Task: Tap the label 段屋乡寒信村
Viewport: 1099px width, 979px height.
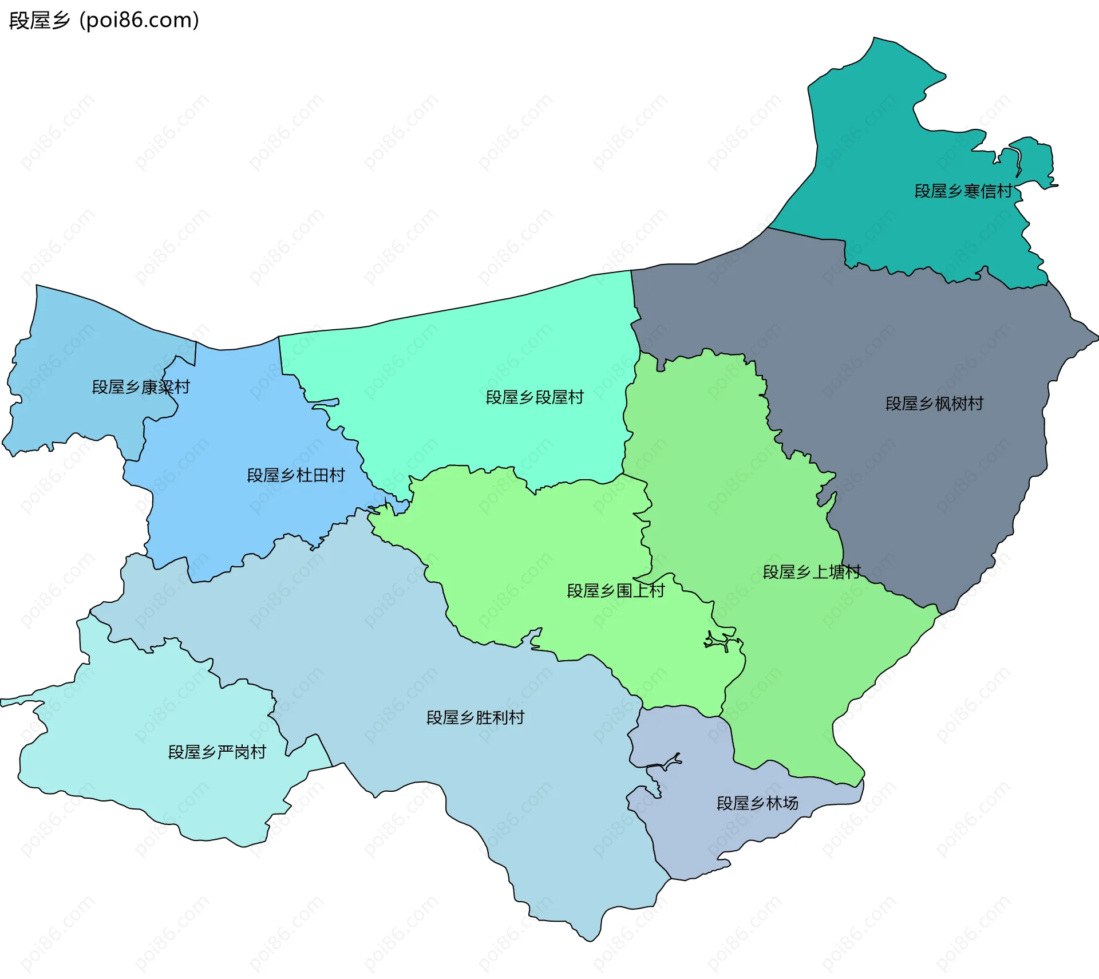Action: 963,191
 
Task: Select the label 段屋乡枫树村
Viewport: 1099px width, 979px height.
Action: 934,404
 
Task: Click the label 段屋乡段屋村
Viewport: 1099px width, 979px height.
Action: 535,397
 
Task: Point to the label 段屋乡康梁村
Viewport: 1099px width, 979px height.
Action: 141,387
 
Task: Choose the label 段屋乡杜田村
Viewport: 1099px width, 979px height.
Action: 296,475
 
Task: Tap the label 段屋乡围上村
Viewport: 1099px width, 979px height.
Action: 615,590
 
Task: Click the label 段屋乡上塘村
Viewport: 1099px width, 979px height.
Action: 812,572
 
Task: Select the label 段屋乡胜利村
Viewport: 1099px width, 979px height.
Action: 475,717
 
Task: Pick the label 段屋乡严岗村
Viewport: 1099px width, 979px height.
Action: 217,752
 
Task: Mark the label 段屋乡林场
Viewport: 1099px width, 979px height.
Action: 757,803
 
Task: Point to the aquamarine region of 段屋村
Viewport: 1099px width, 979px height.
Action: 487,355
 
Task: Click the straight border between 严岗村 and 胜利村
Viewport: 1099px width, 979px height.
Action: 325,750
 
